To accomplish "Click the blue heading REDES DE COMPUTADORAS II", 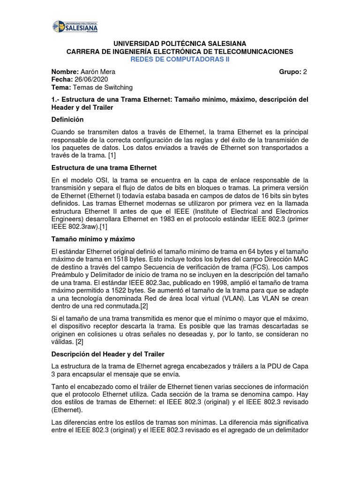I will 180,59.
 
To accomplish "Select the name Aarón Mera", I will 97,72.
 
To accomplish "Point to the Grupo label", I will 290,72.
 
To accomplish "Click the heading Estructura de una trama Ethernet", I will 104,167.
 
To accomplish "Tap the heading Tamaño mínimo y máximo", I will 93,239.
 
